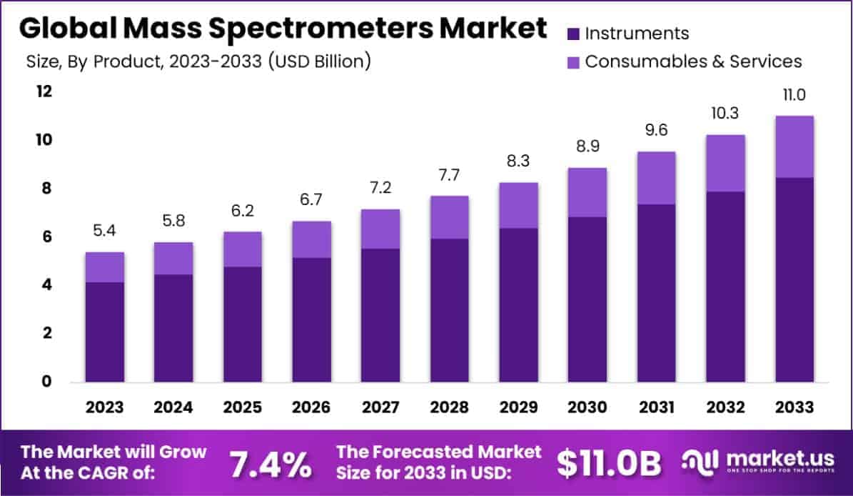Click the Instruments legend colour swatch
click(x=572, y=34)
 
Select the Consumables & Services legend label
click(x=693, y=61)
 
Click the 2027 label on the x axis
click(x=380, y=407)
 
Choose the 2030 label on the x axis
click(x=587, y=407)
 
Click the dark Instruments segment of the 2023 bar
click(x=104, y=332)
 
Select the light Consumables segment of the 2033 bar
click(x=794, y=147)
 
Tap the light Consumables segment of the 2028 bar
click(x=450, y=217)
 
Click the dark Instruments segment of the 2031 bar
click(x=657, y=293)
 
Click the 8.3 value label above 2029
click(x=519, y=163)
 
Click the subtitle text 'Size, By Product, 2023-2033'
click(x=143, y=61)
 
